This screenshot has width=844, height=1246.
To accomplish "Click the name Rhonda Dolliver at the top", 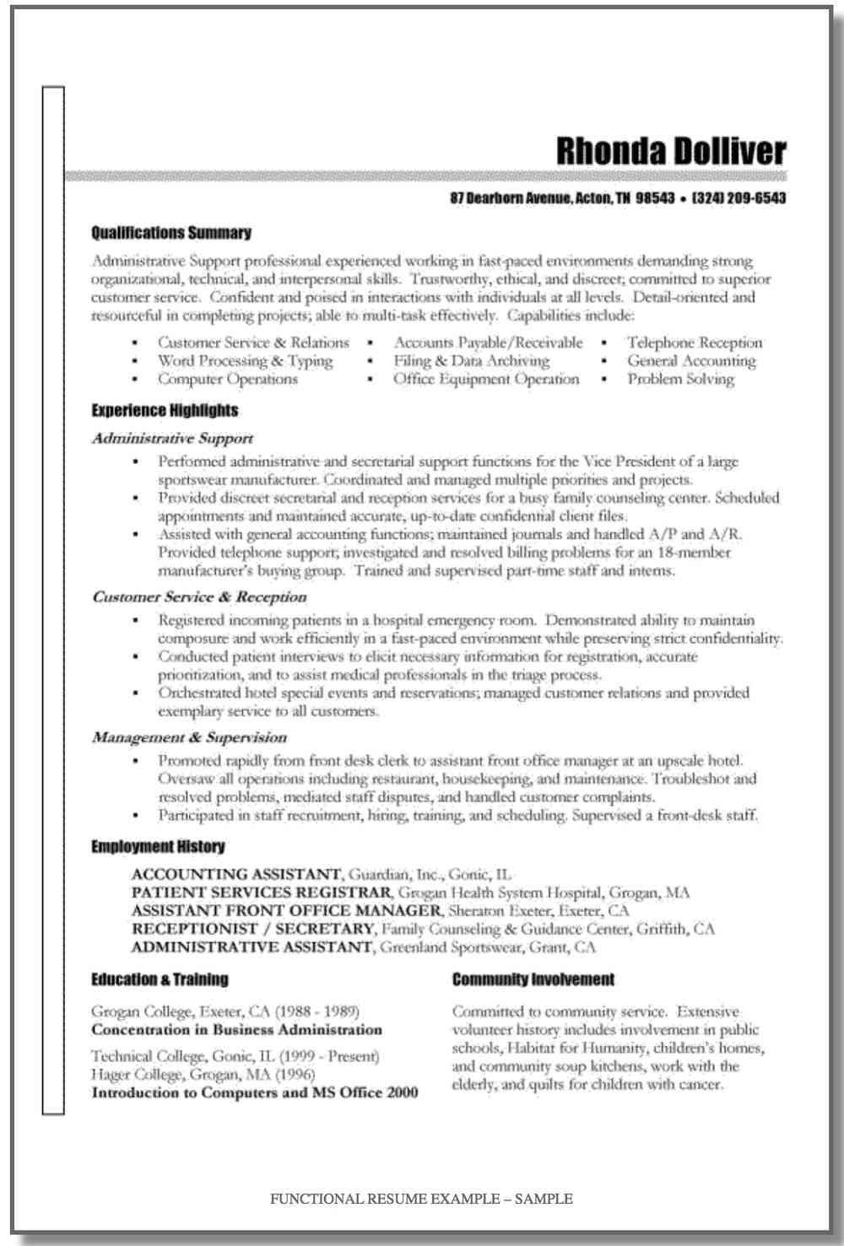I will [671, 152].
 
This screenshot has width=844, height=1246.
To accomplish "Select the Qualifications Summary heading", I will [170, 233].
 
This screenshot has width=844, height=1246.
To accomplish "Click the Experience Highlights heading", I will [165, 411].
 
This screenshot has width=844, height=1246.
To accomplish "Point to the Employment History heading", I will [158, 846].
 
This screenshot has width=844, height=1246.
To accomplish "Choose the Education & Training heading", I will [160, 979].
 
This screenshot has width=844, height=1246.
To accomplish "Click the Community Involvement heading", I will [533, 979].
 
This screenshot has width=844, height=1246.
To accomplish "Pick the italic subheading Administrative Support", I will [172, 439].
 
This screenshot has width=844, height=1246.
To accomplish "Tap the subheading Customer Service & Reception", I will [199, 597].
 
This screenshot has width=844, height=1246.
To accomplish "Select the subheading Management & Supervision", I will [189, 737].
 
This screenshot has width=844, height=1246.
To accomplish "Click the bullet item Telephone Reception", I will [694, 343].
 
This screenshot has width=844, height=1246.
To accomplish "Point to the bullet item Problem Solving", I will [680, 380].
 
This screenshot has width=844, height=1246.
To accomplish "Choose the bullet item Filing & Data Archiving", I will [471, 361].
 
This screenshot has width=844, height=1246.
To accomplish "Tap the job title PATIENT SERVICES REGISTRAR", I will [262, 893].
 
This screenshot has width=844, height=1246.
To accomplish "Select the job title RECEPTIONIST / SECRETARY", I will [252, 929].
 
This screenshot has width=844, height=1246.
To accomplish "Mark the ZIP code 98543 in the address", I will [655, 199].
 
